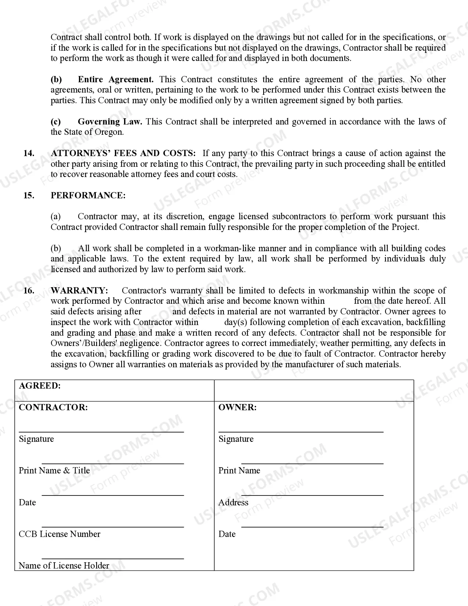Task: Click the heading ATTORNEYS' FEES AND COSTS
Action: pyautogui.click(x=123, y=153)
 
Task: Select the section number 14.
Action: pyautogui.click(x=29, y=153)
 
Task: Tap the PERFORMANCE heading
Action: pyautogui.click(x=88, y=195)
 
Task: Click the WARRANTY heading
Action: pyautogui.click(x=79, y=291)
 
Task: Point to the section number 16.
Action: pyautogui.click(x=29, y=291)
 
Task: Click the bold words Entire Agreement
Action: pyautogui.click(x=116, y=79)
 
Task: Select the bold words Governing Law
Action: pyautogui.click(x=110, y=122)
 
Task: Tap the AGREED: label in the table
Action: pyautogui.click(x=40, y=386)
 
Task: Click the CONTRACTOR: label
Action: pyautogui.click(x=53, y=407)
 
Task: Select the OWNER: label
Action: pyautogui.click(x=237, y=407)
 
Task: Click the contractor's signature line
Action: pyautogui.click(x=101, y=432)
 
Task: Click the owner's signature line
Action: pyautogui.click(x=301, y=432)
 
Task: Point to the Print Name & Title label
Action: pyautogui.click(x=54, y=470)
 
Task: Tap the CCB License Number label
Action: pyautogui.click(x=59, y=534)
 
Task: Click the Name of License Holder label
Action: pyautogui.click(x=64, y=566)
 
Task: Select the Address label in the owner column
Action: pyautogui.click(x=233, y=502)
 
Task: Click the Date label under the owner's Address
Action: pyautogui.click(x=227, y=534)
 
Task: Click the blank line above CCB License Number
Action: pyautogui.click(x=113, y=527)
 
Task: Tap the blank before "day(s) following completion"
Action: pyautogui.click(x=211, y=322)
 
